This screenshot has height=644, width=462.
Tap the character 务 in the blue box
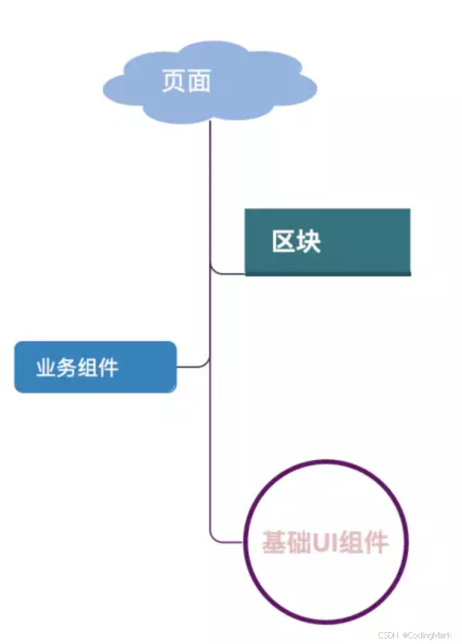click(x=67, y=368)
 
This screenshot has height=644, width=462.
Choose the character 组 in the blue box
click(x=87, y=368)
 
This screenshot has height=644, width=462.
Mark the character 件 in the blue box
click(x=108, y=368)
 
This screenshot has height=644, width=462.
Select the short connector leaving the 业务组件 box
click(x=192, y=366)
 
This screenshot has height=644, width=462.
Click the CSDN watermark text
click(x=388, y=635)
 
